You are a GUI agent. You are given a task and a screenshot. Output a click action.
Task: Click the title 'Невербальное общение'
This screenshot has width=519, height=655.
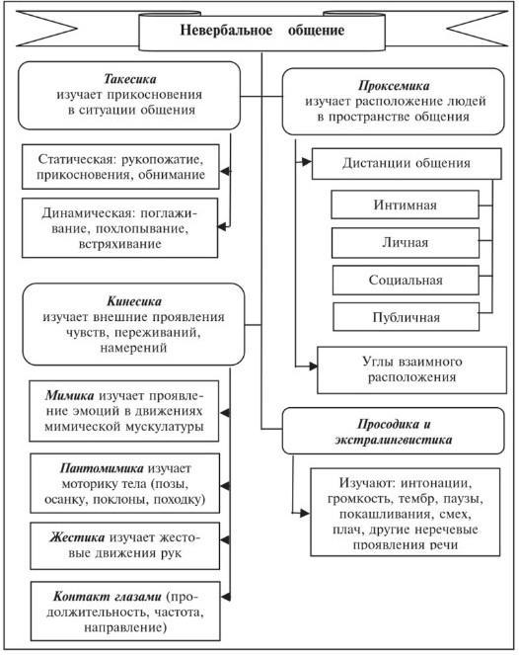(x=262, y=30)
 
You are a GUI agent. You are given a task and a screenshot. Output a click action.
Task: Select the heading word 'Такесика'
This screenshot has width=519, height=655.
(x=130, y=79)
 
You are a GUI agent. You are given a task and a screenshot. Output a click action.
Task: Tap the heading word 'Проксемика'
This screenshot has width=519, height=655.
(x=394, y=86)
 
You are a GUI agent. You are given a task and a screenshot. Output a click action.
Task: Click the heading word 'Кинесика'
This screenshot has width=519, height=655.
(x=134, y=301)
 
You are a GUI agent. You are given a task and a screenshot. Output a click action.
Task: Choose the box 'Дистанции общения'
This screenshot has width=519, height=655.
(x=407, y=164)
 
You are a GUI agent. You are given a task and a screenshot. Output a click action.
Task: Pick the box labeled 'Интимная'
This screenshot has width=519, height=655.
(x=405, y=205)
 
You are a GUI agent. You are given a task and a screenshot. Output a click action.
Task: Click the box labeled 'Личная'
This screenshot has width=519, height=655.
(x=406, y=243)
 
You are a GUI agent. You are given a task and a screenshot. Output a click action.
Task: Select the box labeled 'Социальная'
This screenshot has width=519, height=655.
(x=406, y=280)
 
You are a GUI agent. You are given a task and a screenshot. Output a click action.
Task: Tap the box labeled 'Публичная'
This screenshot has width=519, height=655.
(x=406, y=317)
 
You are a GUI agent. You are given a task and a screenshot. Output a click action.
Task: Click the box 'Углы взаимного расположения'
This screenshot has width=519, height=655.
(x=411, y=369)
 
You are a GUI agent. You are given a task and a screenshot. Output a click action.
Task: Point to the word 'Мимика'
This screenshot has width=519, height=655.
(x=70, y=395)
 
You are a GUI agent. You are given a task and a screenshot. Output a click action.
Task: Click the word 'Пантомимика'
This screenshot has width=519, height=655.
(x=102, y=468)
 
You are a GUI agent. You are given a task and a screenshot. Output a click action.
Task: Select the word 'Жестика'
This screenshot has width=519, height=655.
(x=77, y=537)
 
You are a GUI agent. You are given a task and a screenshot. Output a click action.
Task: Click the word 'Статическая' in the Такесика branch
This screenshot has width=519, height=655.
(x=76, y=160)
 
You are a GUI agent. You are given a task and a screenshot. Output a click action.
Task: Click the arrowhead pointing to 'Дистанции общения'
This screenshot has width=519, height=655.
(x=307, y=162)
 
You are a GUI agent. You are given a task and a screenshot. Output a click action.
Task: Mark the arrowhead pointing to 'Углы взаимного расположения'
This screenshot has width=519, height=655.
(x=313, y=367)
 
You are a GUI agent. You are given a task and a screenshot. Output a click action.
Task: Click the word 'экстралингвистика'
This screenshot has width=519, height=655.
(x=394, y=440)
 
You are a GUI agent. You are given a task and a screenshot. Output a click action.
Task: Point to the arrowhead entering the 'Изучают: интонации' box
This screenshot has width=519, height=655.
(x=305, y=513)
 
